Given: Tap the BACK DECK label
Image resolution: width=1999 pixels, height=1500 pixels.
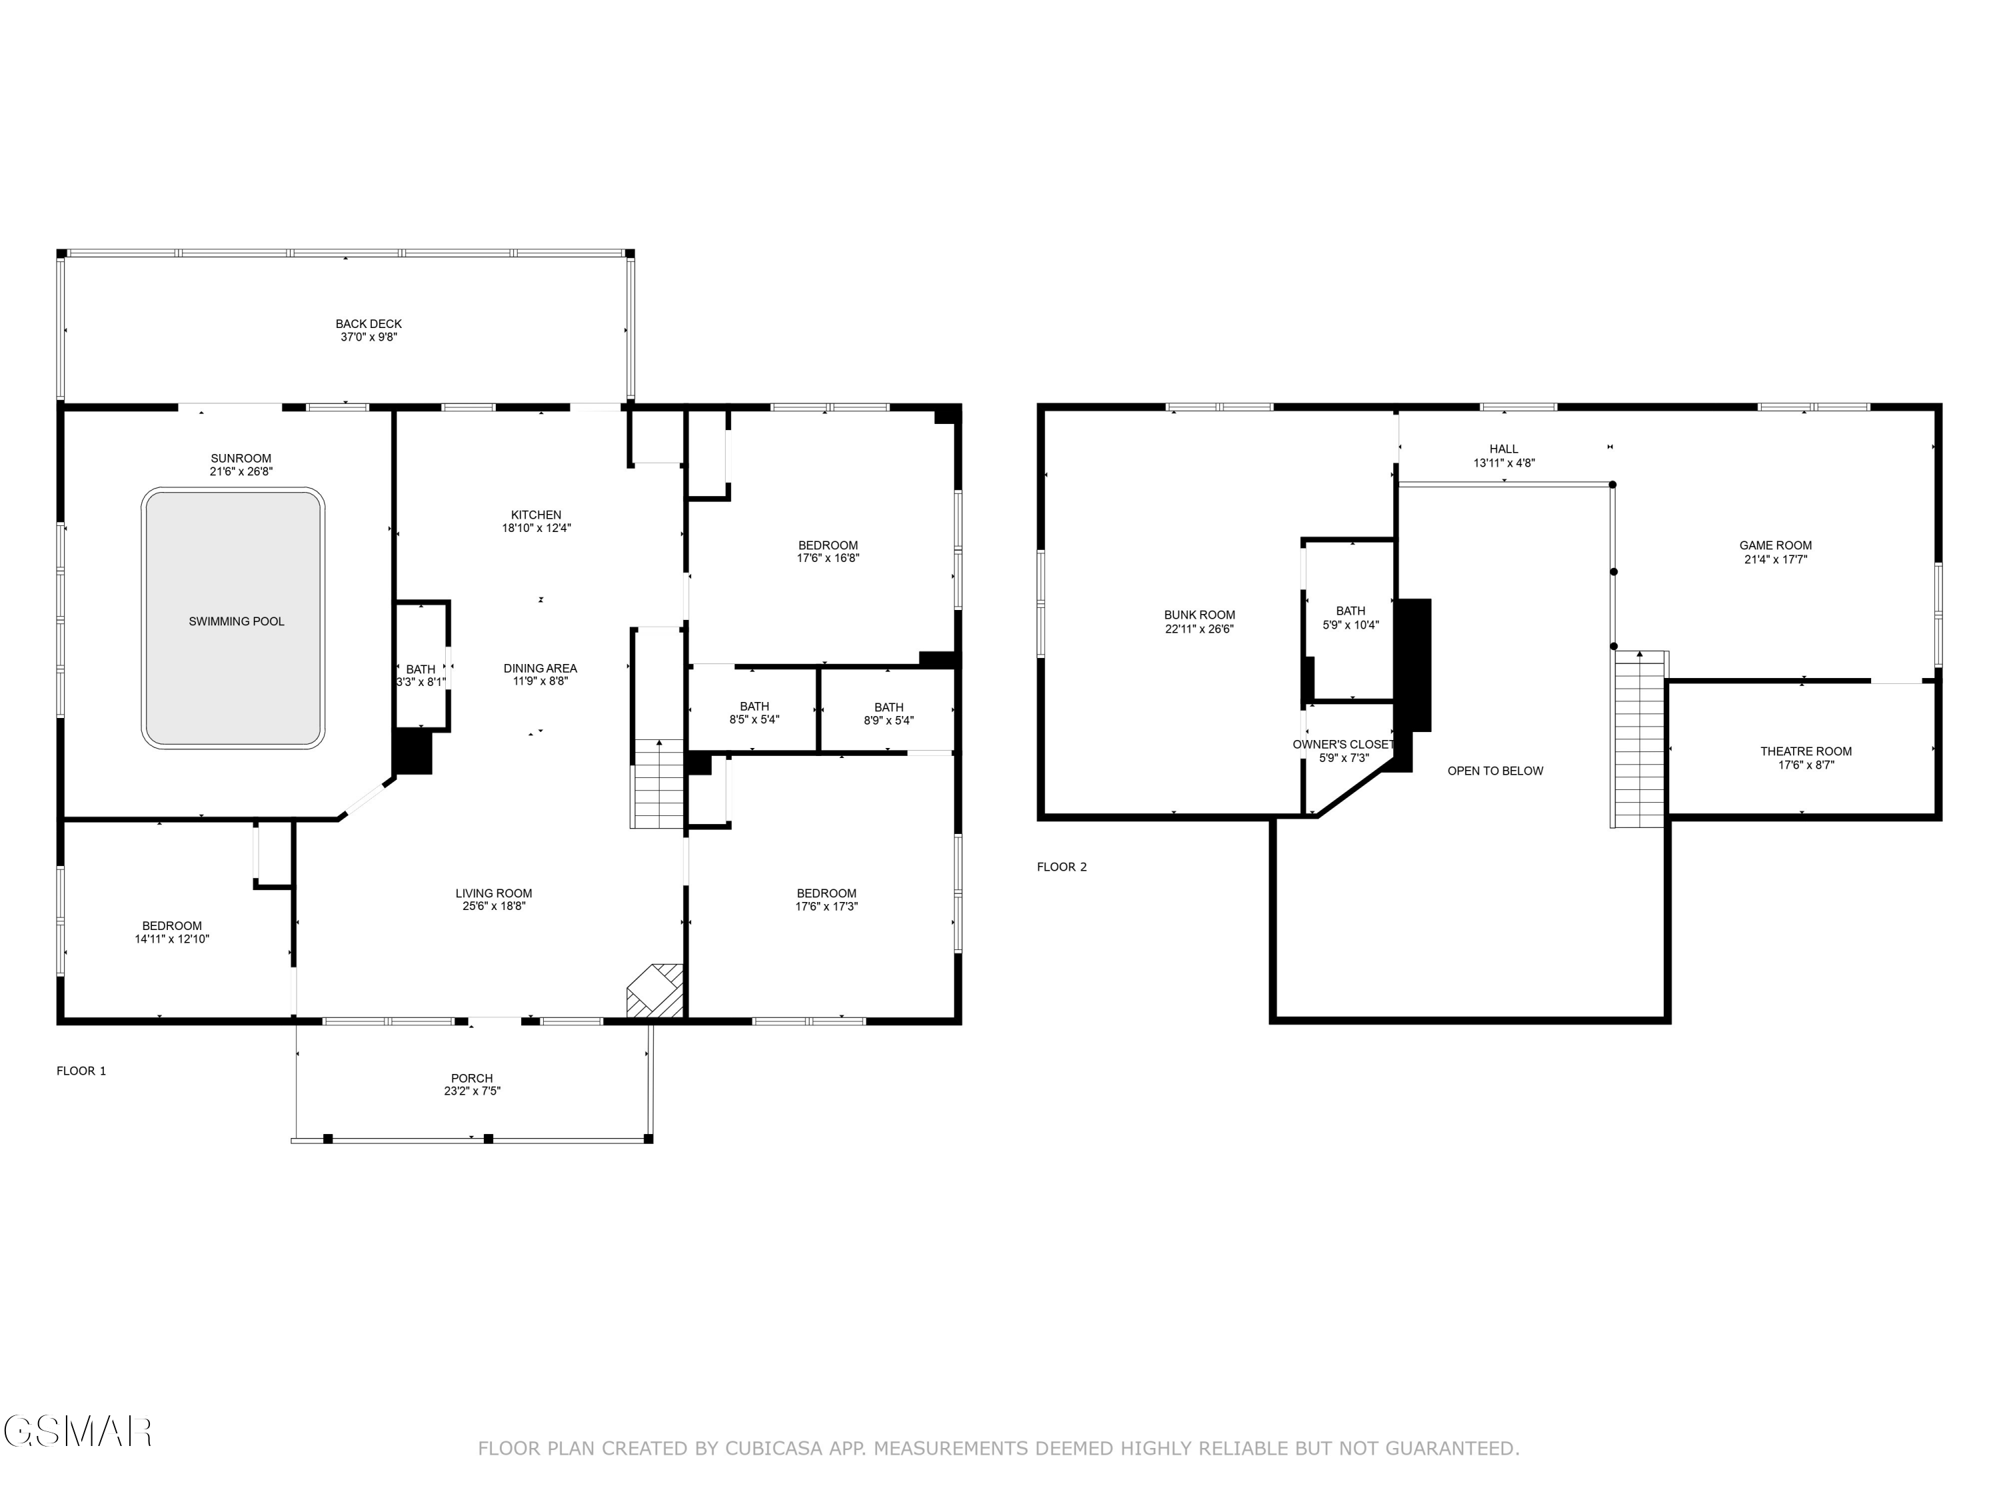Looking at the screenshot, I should pos(368,324).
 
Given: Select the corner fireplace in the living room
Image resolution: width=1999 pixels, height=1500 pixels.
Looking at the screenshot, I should pos(655,991).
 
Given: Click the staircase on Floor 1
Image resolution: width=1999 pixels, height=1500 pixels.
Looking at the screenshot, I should pos(658,783).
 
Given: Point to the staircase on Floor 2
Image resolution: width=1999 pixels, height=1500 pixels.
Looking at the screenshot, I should pos(1639,739).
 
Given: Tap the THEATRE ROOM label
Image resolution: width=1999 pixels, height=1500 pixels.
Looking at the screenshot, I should pos(1804,751).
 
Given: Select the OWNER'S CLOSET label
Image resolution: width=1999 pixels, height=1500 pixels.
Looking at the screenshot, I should pos(1343,744).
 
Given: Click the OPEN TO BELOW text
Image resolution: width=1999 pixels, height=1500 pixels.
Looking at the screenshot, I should pos(1495,771).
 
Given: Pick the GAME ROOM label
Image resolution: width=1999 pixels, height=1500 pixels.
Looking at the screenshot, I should pos(1775,545).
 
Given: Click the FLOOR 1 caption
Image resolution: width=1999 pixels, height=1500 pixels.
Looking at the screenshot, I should pos(81,1071).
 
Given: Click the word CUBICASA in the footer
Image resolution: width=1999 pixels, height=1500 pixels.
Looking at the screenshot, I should pos(773,1449).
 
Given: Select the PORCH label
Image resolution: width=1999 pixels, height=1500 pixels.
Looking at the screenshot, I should pos(472,1078).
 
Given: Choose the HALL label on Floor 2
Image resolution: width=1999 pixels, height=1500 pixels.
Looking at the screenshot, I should pos(1504,449).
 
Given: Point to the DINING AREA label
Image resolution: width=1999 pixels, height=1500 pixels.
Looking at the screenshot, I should pos(540,668).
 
